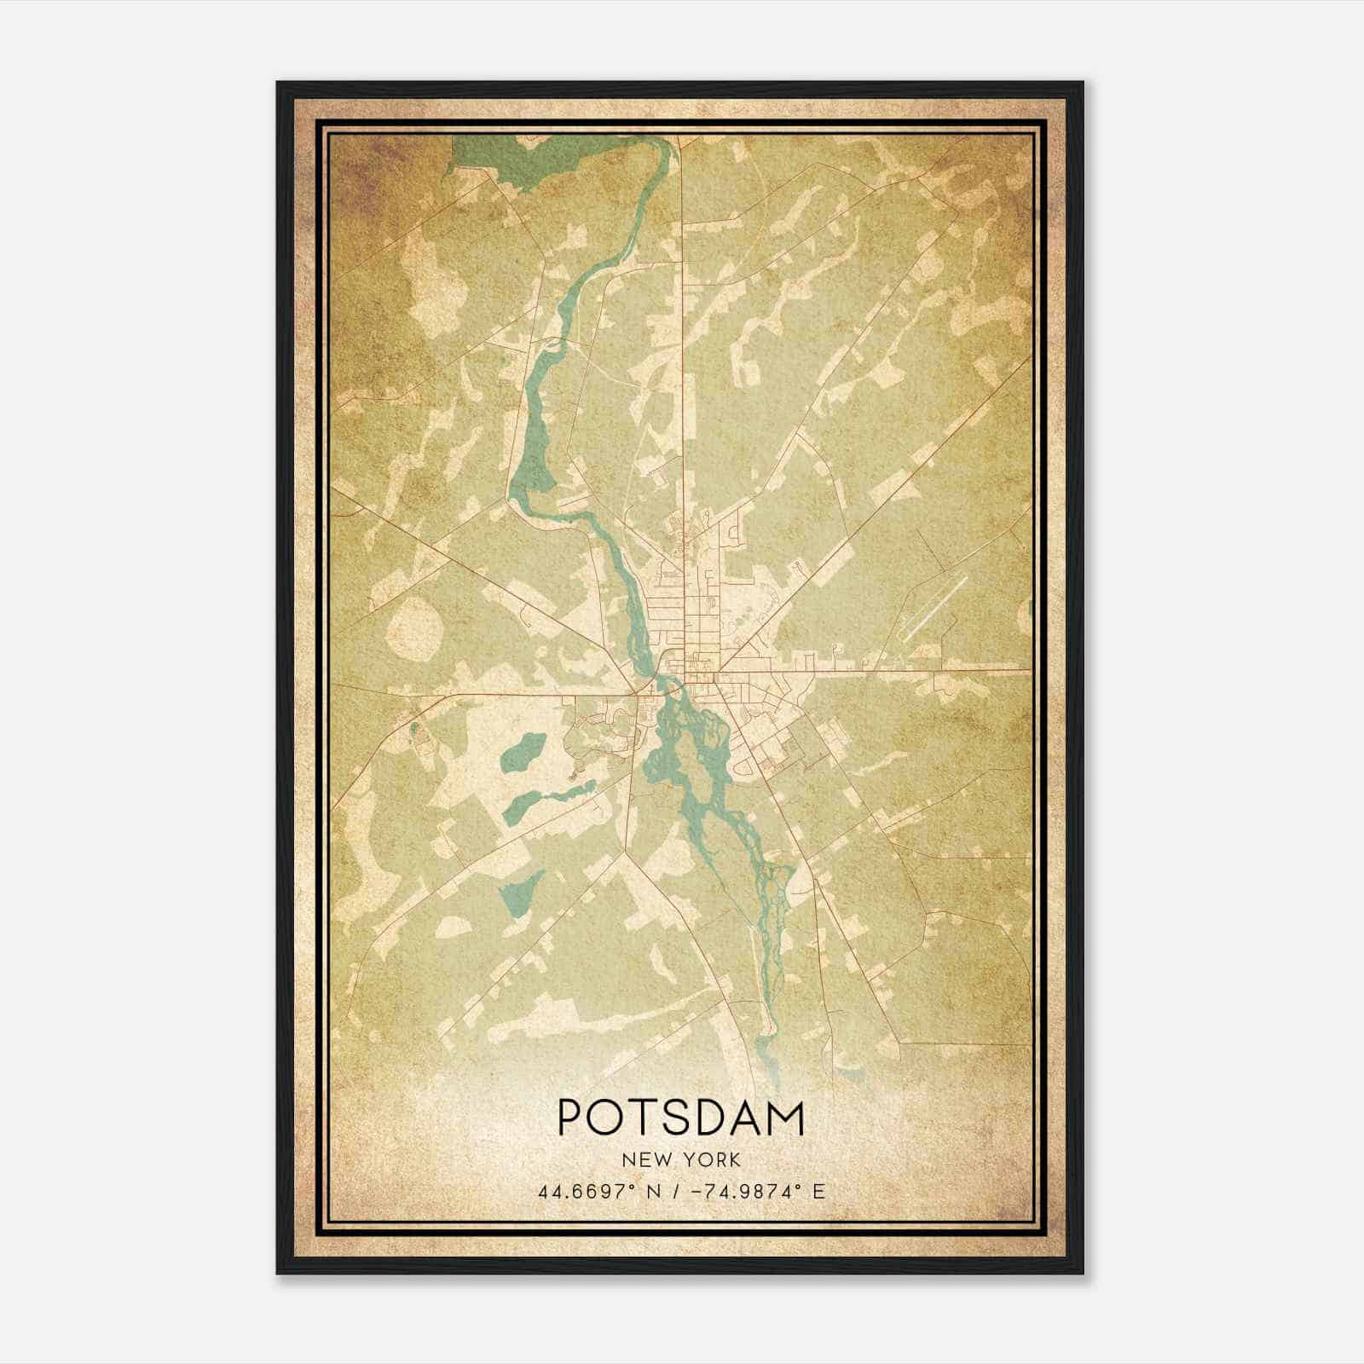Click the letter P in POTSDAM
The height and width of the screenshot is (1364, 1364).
[x=572, y=1118]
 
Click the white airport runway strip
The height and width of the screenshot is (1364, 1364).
[x=934, y=607]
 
